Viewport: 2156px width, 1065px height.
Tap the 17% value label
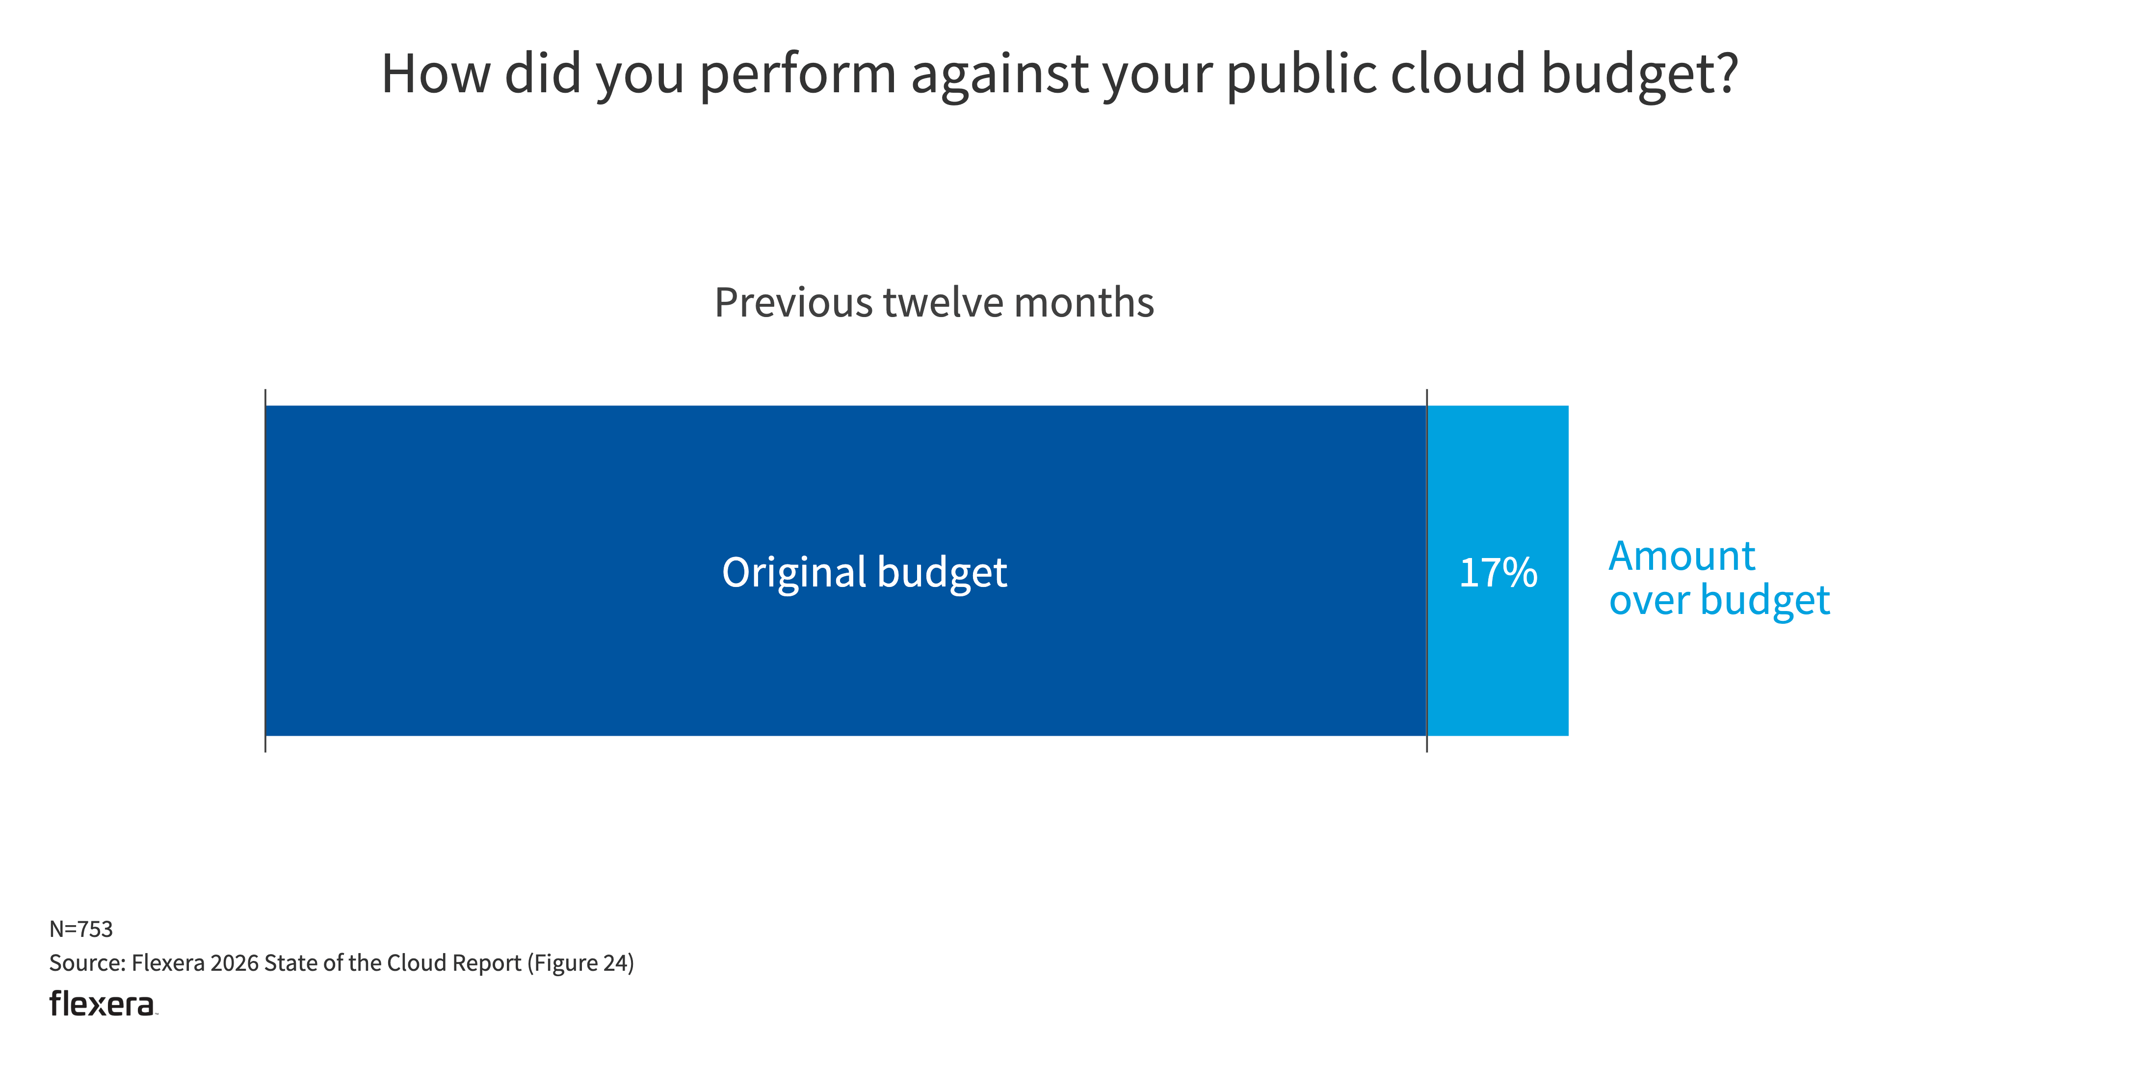tap(1498, 573)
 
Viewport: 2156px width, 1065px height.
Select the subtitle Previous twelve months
tap(934, 302)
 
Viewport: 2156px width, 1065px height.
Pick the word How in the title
tap(435, 74)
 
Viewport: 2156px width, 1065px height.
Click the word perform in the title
tap(798, 74)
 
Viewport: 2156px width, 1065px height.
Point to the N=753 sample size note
tap(81, 929)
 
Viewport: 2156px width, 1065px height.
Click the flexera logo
tap(102, 1003)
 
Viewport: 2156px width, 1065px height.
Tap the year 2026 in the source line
tap(235, 963)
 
